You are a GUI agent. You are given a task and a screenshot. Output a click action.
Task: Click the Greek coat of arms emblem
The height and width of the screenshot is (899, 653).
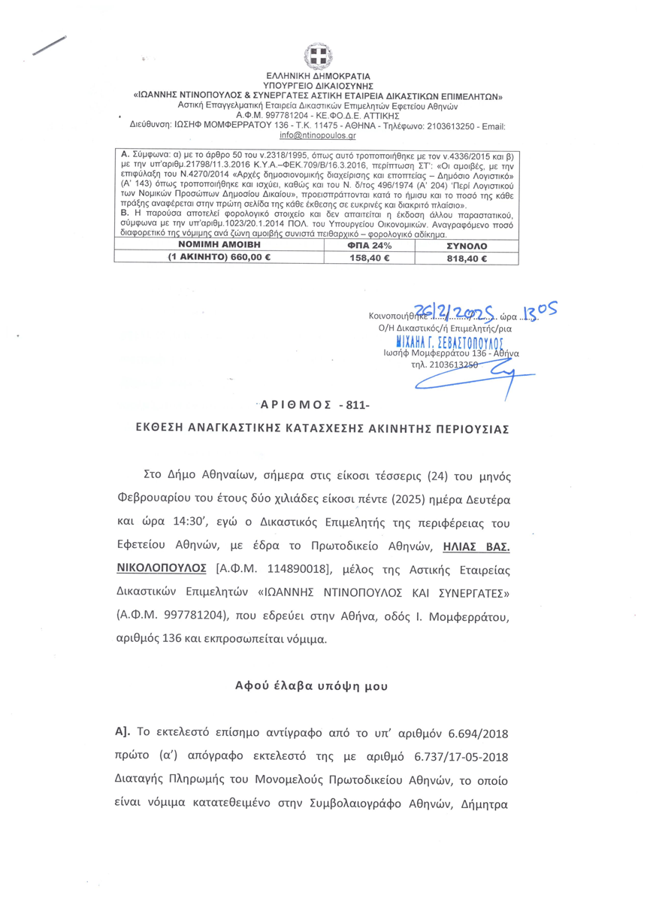pos(317,56)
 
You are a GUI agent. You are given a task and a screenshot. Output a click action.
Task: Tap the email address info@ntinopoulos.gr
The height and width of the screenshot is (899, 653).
pos(317,135)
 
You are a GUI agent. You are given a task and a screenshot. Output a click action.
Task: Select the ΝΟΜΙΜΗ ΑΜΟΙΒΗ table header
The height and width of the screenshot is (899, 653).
pos(219,246)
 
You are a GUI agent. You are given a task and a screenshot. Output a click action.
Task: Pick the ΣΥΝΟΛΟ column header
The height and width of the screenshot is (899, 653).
pos(467,246)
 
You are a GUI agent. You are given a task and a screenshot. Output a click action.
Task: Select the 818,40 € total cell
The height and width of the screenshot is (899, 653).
pos(467,258)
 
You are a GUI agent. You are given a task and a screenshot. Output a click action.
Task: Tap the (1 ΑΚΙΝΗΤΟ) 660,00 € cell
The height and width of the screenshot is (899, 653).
pos(219,258)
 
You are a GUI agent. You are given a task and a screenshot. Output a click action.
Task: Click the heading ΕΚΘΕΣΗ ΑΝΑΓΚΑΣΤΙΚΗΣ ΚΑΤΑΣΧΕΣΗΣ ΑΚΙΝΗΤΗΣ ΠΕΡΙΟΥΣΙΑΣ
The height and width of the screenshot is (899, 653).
pos(326,429)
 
